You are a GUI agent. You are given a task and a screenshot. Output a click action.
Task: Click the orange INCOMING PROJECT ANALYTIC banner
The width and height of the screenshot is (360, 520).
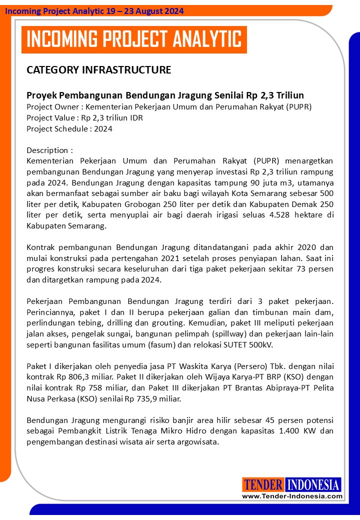(x=133, y=39)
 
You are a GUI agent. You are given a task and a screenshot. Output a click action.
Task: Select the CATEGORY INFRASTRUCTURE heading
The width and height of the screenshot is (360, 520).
(x=98, y=69)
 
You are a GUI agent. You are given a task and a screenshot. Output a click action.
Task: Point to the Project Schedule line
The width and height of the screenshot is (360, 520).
(x=69, y=128)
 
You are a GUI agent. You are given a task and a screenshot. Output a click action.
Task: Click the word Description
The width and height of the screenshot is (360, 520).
(x=47, y=150)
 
